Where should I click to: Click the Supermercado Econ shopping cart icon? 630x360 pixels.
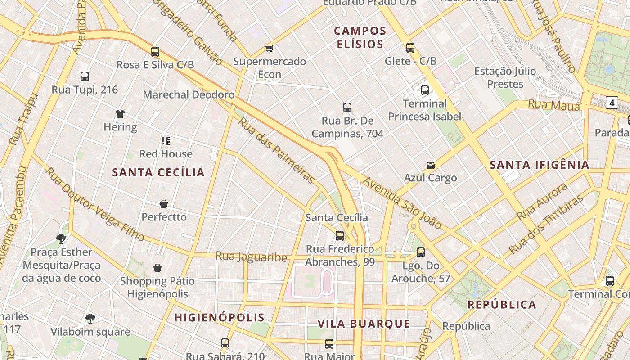pyautogui.click(x=269, y=48)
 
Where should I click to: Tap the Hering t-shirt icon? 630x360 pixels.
pyautogui.click(x=120, y=114)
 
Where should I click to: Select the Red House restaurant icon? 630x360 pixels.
pyautogui.click(x=165, y=141)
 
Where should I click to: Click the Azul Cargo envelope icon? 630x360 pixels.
pyautogui.click(x=431, y=165)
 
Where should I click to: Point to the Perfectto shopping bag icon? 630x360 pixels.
pyautogui.click(x=164, y=204)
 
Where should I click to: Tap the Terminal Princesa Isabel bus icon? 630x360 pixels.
pyautogui.click(x=424, y=90)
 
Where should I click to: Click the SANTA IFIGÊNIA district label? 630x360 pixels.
pyautogui.click(x=539, y=165)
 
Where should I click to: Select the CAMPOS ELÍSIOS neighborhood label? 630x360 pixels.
pyautogui.click(x=360, y=37)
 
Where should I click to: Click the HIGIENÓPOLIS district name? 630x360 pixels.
pyautogui.click(x=220, y=317)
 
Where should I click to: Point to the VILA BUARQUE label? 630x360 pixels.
pyautogui.click(x=364, y=324)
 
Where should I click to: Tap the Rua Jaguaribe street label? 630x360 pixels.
pyautogui.click(x=251, y=257)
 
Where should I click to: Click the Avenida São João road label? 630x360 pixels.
pyautogui.click(x=402, y=202)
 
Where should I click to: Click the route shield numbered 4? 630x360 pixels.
pyautogui.click(x=612, y=103)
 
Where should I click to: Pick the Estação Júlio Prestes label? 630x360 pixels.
pyautogui.click(x=505, y=77)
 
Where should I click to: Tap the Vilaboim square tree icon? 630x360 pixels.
pyautogui.click(x=90, y=319)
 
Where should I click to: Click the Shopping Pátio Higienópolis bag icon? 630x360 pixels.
pyautogui.click(x=157, y=268)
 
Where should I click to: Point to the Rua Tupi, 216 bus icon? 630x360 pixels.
pyautogui.click(x=85, y=76)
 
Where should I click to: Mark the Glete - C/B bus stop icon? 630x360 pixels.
pyautogui.click(x=410, y=48)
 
